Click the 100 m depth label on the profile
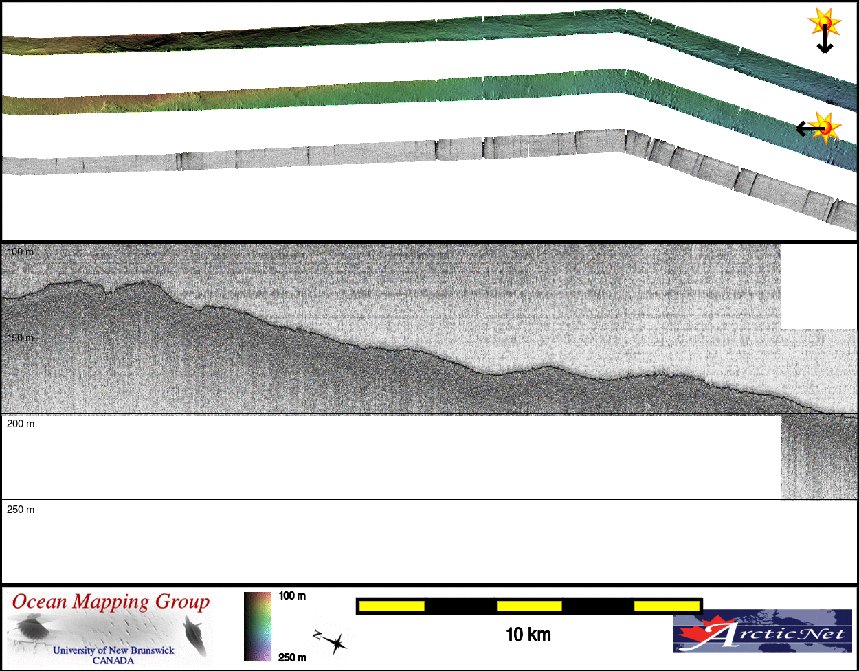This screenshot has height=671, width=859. (20, 252)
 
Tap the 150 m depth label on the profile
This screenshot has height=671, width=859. (20, 338)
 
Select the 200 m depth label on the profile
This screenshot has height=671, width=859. (21, 424)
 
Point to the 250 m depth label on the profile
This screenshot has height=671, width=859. (21, 510)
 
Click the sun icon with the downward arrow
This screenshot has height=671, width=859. (824, 30)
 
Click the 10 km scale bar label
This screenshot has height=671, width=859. (528, 635)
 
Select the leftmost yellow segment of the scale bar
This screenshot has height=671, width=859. (392, 606)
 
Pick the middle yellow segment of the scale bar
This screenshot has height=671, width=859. (529, 606)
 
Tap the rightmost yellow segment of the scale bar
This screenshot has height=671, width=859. (667, 606)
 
